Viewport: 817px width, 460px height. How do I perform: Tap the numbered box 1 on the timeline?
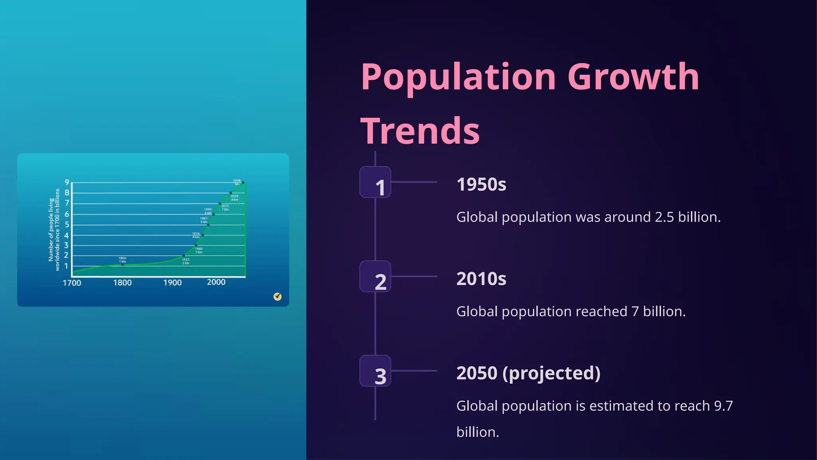375,182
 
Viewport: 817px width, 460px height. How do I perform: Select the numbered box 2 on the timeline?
375,277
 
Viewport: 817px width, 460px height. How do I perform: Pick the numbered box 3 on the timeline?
375,371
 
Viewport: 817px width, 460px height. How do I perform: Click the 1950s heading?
481,184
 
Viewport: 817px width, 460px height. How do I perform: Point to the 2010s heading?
481,279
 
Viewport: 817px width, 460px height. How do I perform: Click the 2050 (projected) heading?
528,373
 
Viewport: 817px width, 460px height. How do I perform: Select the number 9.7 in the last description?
723,406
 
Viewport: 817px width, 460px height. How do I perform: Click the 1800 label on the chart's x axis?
122,283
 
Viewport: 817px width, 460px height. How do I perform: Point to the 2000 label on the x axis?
216,282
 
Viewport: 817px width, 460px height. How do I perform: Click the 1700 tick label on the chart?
72,283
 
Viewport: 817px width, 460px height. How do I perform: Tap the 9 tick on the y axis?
67,182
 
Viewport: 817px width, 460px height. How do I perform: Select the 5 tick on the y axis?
67,224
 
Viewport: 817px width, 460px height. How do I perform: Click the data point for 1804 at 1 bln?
122,264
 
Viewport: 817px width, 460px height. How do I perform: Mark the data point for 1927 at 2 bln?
184,256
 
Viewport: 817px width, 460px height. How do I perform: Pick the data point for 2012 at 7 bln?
220,204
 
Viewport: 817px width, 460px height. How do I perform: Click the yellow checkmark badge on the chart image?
278,297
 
